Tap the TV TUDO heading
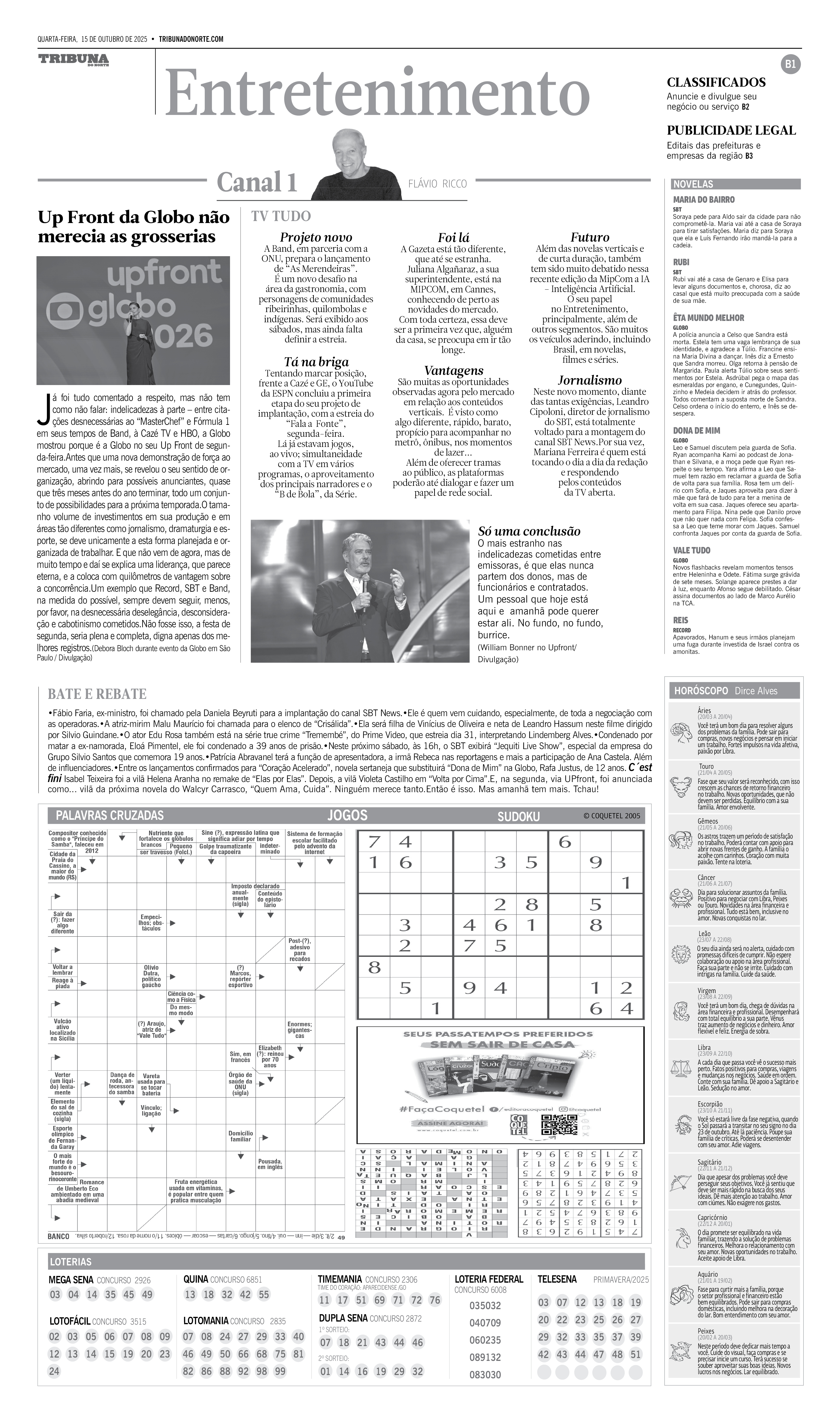tap(281, 216)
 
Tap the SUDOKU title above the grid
tap(518, 816)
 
